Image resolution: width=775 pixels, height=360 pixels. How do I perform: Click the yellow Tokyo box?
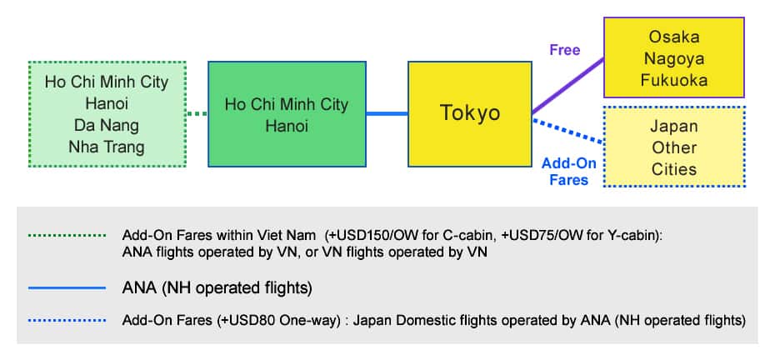470,112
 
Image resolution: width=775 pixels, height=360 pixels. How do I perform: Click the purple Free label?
564,50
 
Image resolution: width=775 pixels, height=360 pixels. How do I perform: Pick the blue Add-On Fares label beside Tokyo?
564,171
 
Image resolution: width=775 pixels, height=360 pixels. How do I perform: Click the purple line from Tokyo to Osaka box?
567,85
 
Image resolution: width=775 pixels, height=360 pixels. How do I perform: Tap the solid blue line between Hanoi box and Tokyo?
387,113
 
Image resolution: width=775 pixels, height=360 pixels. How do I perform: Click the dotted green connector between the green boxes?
196,113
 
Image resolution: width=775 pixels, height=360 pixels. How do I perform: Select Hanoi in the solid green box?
287,127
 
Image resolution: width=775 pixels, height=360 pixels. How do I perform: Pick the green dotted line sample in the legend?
67,235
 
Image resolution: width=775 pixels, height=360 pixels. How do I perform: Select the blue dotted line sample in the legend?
67,319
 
